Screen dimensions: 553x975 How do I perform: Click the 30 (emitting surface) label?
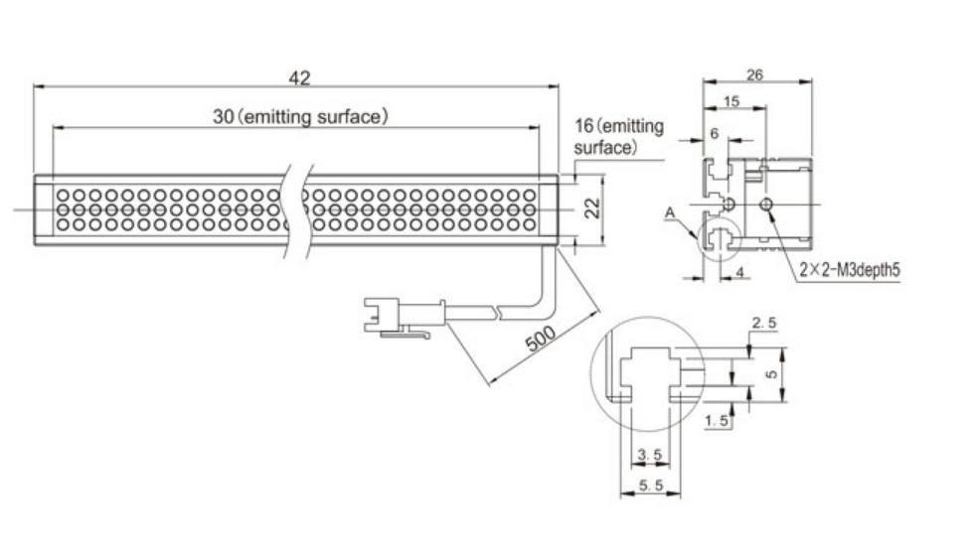click(299, 116)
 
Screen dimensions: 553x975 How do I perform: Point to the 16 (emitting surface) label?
click(618, 137)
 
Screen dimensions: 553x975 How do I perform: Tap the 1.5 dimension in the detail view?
click(717, 421)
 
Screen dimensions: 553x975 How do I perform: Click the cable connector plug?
click(389, 314)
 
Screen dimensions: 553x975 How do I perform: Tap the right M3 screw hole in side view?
click(766, 205)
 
